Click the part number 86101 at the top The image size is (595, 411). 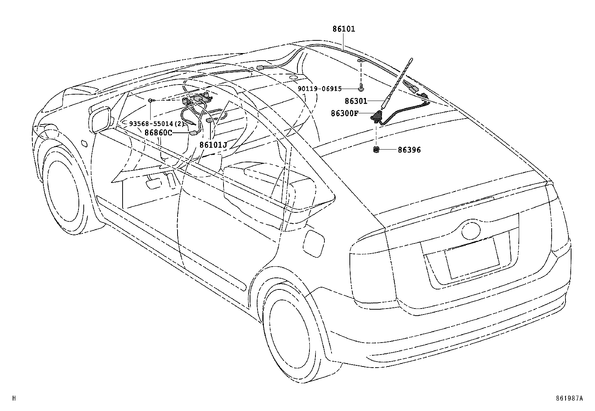click(x=344, y=29)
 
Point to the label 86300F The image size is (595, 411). click(x=344, y=113)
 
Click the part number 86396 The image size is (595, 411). click(x=409, y=150)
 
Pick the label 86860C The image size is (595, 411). click(x=158, y=132)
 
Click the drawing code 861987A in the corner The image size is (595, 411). click(x=568, y=398)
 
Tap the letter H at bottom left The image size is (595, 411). click(x=14, y=398)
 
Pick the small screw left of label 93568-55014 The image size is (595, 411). click(x=149, y=100)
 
